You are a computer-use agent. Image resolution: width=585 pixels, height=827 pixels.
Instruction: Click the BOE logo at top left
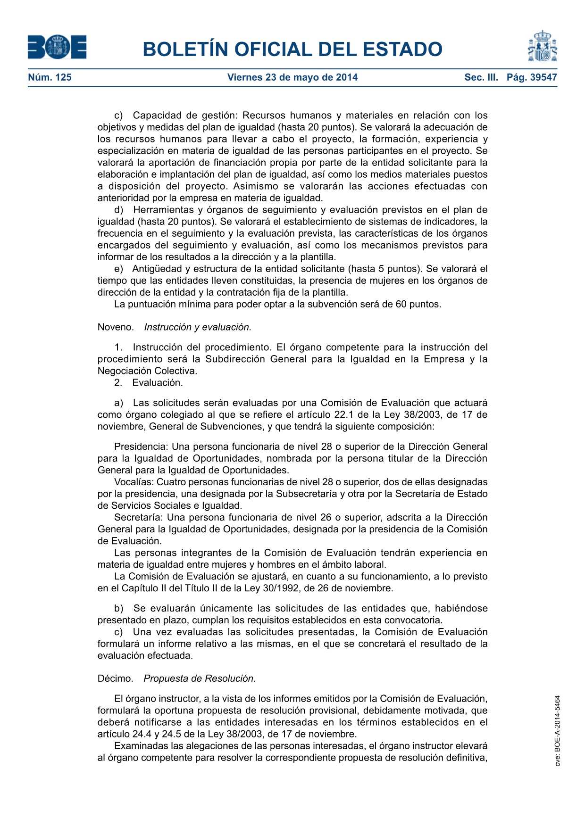pos(57,48)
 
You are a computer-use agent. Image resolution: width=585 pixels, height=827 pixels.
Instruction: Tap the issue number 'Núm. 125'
pos(50,77)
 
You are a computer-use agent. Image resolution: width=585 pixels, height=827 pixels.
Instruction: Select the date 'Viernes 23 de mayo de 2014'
pos(292,77)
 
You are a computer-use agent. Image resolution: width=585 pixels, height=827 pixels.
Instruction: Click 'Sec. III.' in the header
pos(481,77)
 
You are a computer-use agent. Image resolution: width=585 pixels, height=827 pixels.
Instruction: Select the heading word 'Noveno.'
pos(116,327)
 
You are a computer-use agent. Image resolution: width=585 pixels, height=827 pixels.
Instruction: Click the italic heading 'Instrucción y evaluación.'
pos(198,327)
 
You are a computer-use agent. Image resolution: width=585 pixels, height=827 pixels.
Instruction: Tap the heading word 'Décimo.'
pos(116,678)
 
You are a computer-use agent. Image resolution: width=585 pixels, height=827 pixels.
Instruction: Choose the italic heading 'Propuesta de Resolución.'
pos(200,678)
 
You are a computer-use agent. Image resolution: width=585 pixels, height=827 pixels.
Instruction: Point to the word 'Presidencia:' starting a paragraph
pos(141,447)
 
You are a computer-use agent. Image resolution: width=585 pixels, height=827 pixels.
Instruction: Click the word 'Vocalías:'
pos(134,482)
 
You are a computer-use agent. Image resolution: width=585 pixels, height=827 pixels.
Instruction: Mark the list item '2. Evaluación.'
pos(148,382)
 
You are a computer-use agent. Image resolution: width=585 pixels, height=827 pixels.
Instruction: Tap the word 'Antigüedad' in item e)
pos(157,269)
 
